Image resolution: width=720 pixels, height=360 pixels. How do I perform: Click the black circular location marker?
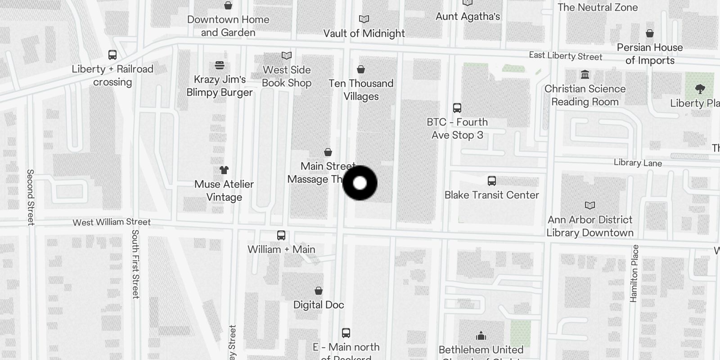360,183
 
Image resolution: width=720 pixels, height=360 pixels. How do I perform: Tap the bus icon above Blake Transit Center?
491,181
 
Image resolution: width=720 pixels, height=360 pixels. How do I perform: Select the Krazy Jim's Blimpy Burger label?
220,86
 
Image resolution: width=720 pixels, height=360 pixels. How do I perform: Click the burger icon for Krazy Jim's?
220,65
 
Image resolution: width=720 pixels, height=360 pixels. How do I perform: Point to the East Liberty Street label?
565,56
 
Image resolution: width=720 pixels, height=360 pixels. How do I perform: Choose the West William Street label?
112,222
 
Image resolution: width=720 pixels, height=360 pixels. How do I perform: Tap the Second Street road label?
30,197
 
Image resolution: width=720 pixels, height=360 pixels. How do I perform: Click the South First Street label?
135,264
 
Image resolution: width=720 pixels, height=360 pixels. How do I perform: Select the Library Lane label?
638,163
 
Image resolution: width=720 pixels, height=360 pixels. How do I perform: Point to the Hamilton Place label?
634,273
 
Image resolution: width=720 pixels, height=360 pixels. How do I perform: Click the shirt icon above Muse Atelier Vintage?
224,170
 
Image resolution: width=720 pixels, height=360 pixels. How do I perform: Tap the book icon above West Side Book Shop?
287,56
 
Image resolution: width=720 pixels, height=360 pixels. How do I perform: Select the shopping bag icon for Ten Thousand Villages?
361,69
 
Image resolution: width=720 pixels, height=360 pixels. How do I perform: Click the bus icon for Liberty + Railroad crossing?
112,55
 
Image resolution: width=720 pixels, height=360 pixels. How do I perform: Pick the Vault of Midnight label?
364,33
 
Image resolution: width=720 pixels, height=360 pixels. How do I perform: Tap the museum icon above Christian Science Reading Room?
585,75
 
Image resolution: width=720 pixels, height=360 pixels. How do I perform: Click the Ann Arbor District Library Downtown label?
590,226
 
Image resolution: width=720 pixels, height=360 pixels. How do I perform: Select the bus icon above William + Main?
281,235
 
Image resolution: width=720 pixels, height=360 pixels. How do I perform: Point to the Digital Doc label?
319,305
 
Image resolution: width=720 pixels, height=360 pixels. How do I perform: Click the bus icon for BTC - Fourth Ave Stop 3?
457,108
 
